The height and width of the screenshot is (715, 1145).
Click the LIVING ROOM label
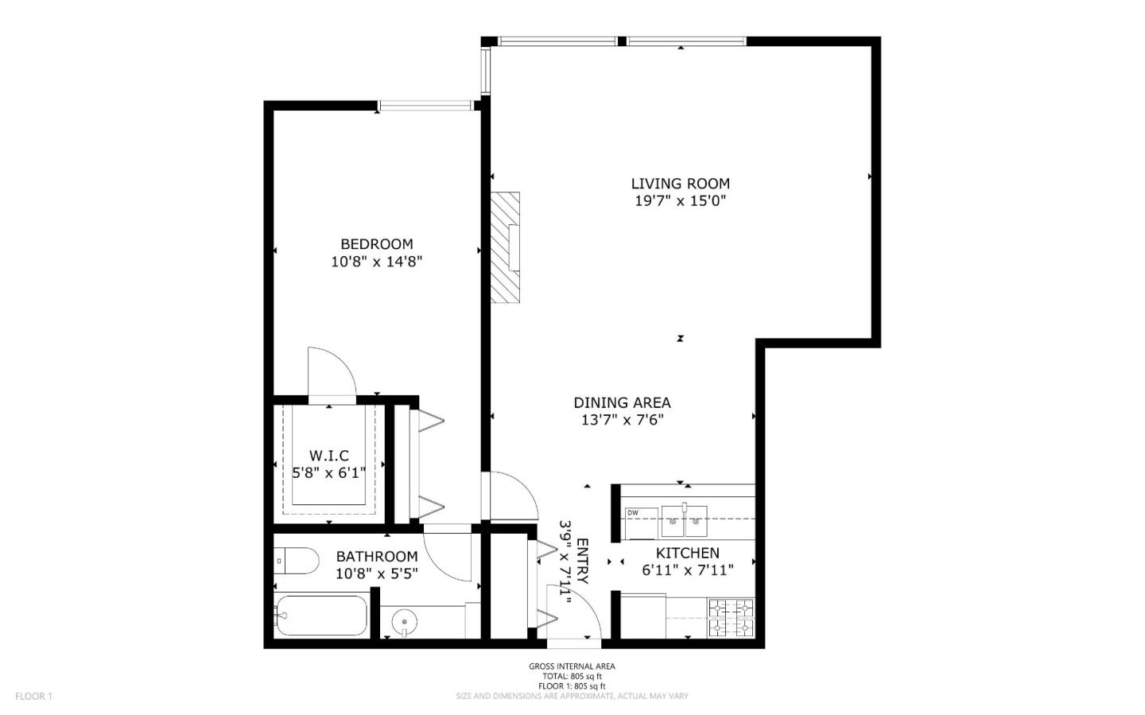point(680,184)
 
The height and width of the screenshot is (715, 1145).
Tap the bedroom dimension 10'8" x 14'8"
point(376,262)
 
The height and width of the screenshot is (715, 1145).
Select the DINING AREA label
point(622,403)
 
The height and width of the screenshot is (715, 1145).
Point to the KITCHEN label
point(688,553)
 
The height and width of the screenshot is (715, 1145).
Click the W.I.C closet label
point(328,456)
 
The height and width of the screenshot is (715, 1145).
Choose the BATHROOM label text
point(376,557)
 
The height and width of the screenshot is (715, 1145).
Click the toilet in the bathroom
point(295,561)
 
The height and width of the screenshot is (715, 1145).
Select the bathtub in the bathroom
point(321,616)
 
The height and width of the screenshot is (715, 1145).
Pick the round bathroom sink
point(406,621)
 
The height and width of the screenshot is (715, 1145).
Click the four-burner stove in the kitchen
point(731,618)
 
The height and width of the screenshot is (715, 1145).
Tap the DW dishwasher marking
point(633,513)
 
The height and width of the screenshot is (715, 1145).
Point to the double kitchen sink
point(684,522)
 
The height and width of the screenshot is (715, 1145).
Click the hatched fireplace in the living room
point(504,247)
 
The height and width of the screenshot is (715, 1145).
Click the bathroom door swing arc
point(448,554)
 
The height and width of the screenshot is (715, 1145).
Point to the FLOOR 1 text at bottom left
point(33,697)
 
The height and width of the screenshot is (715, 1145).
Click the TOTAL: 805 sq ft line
point(572,676)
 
